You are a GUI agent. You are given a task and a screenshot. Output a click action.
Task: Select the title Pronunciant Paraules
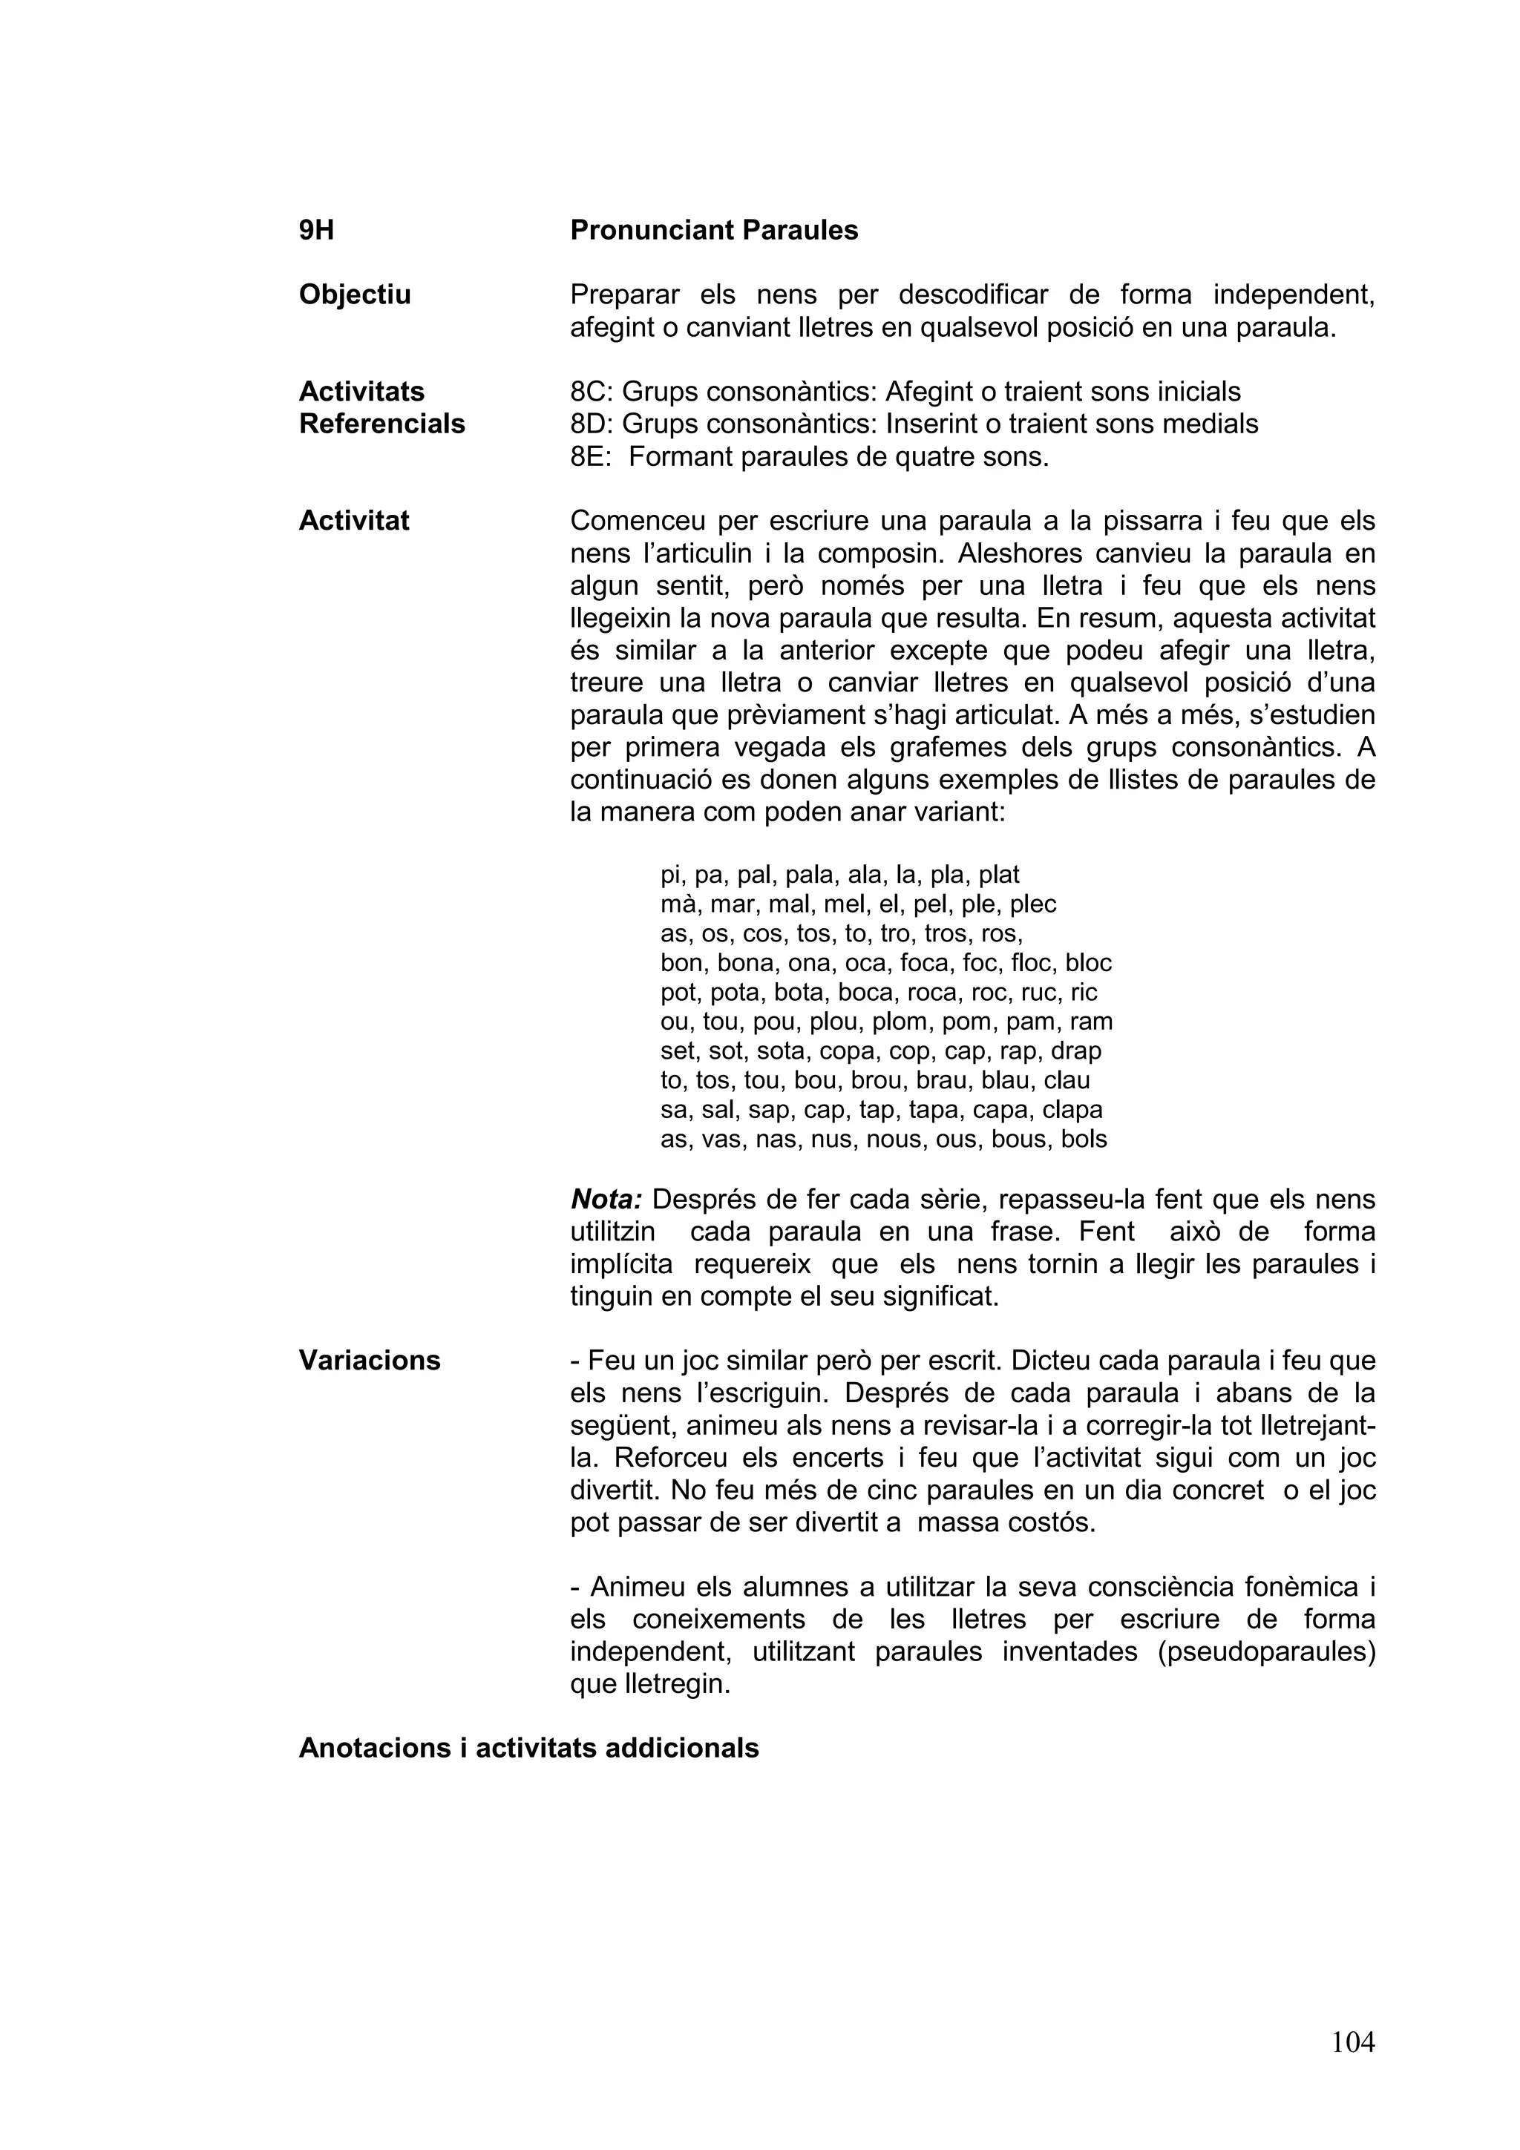pos(714,230)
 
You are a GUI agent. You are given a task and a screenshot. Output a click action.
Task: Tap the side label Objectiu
pos(354,295)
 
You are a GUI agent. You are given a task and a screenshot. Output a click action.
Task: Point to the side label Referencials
pos(381,424)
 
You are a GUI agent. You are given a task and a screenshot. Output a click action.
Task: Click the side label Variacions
pos(369,1361)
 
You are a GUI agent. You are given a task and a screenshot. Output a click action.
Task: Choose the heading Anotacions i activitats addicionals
pos(528,1749)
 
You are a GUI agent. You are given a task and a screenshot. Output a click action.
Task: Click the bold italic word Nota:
pos(606,1200)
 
